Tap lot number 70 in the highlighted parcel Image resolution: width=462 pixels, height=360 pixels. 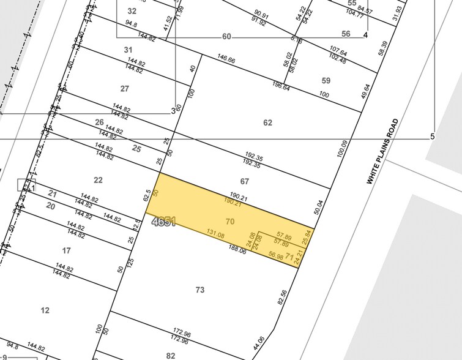[230, 221]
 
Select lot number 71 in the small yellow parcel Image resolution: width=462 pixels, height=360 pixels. [289, 255]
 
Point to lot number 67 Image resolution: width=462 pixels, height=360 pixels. [245, 181]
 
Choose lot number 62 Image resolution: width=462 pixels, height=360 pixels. [267, 122]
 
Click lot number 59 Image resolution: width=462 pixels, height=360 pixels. [326, 80]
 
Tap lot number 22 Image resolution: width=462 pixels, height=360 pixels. [98, 180]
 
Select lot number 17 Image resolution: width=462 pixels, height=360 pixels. [66, 250]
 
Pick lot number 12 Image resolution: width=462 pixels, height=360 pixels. [45, 310]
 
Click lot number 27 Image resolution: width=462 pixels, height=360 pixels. [125, 89]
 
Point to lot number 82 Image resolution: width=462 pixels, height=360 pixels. [170, 355]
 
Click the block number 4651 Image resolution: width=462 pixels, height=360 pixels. [164, 222]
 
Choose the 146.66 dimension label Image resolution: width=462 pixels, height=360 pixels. [226, 61]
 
